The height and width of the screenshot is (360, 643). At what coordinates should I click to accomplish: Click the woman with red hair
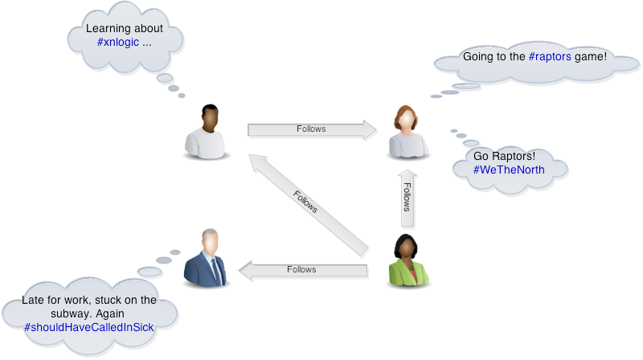(408, 130)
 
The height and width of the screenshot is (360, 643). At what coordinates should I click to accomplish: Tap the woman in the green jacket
(408, 262)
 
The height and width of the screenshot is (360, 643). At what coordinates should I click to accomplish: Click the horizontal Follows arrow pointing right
(313, 130)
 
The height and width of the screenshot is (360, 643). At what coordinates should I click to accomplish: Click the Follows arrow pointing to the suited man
(305, 271)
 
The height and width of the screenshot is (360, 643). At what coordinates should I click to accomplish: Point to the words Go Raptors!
(504, 155)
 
